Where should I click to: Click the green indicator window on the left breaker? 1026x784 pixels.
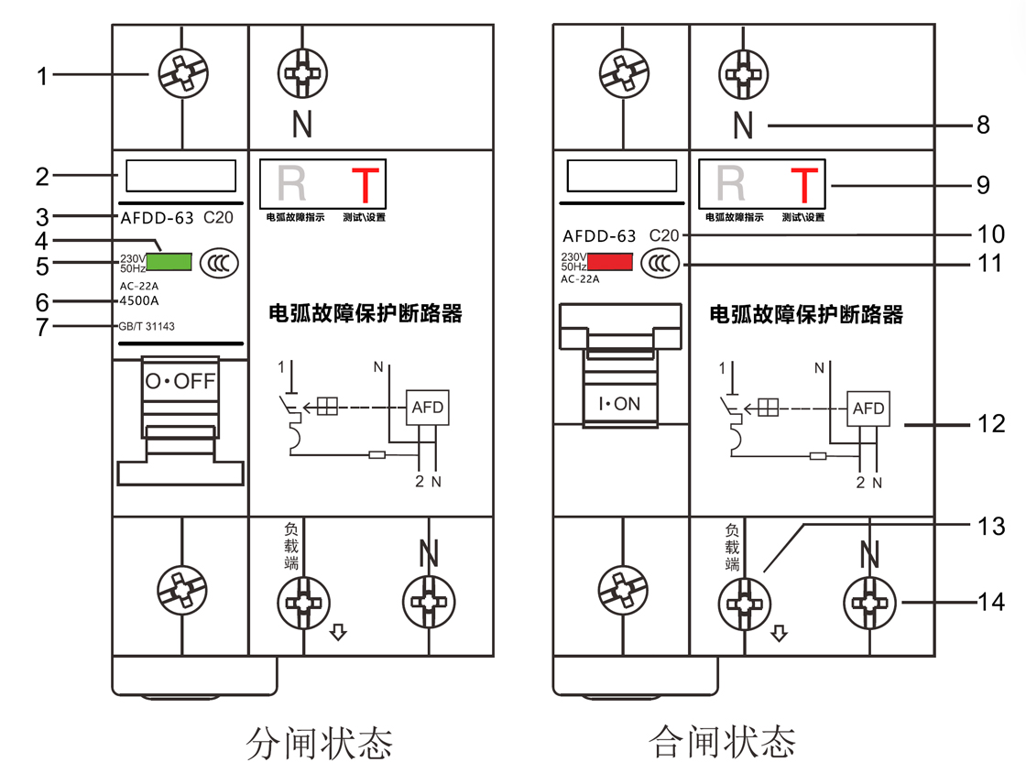pyautogui.click(x=169, y=262)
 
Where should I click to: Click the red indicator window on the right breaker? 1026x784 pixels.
pyautogui.click(x=610, y=262)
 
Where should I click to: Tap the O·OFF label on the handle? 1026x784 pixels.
pyautogui.click(x=180, y=380)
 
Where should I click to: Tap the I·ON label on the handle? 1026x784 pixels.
pyautogui.click(x=620, y=403)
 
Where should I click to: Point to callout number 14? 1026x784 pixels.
pyautogui.click(x=991, y=602)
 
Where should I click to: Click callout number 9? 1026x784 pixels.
pyautogui.click(x=984, y=185)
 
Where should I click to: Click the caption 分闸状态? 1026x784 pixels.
pyautogui.click(x=319, y=742)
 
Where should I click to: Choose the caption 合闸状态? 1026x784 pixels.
pyautogui.click(x=722, y=741)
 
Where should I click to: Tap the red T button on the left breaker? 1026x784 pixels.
pyautogui.click(x=365, y=185)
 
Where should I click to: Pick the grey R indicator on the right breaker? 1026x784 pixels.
pyautogui.click(x=731, y=183)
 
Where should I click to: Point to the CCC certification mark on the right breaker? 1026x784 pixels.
pyautogui.click(x=659, y=264)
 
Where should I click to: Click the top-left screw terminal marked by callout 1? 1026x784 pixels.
pyautogui.click(x=180, y=73)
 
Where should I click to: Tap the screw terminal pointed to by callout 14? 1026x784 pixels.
pyautogui.click(x=868, y=603)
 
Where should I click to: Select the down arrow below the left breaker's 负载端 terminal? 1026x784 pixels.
pyautogui.click(x=338, y=632)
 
